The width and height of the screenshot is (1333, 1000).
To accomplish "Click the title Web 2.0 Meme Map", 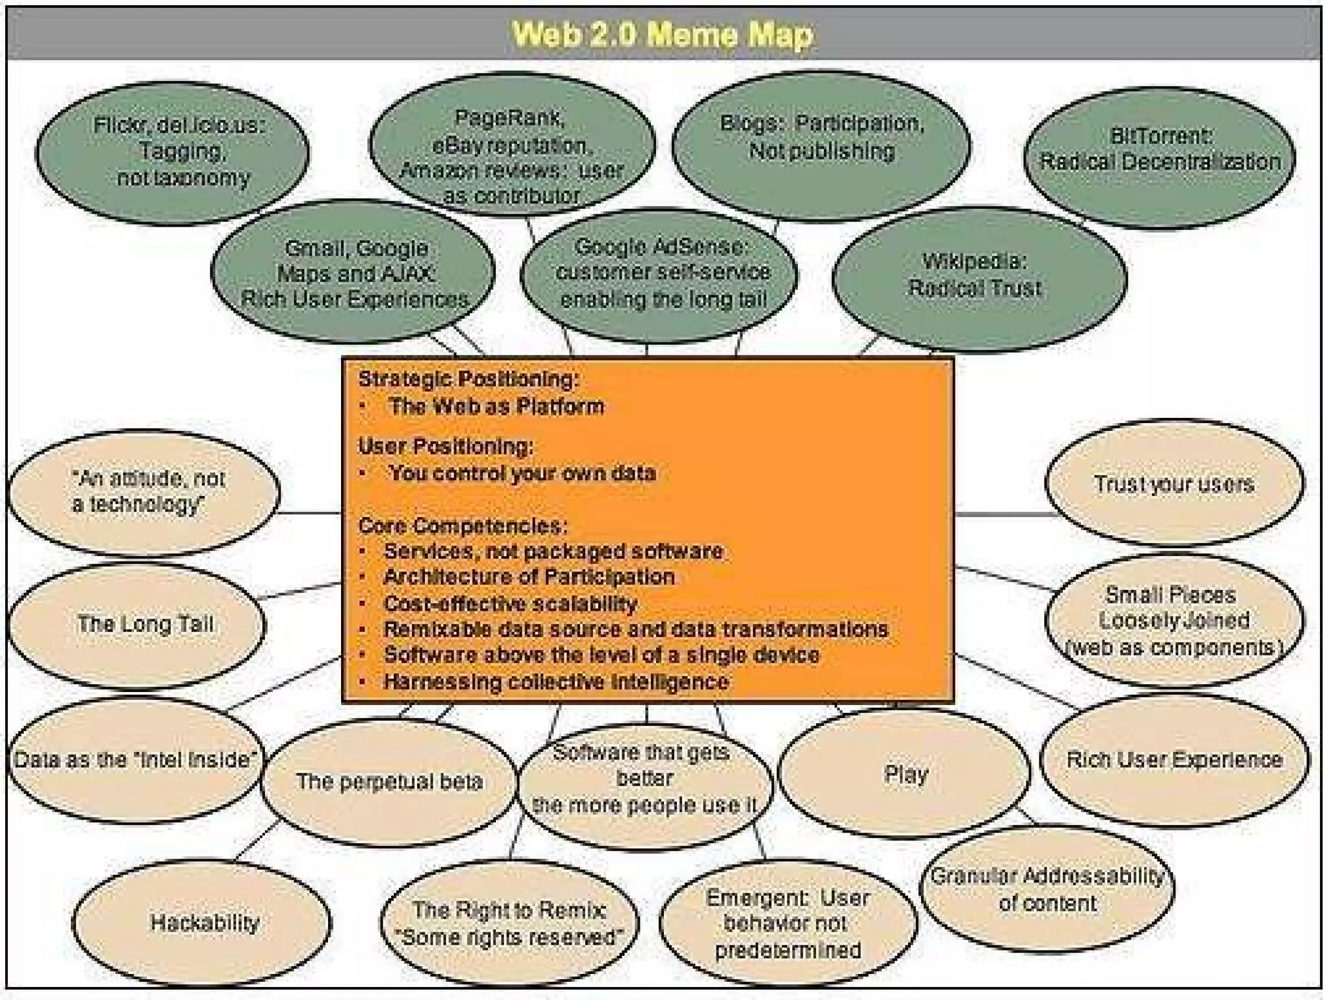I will pos(663,34).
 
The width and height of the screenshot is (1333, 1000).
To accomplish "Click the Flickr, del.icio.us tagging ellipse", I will pos(172,152).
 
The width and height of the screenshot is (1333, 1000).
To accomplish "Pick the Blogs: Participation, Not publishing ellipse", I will pos(821,140).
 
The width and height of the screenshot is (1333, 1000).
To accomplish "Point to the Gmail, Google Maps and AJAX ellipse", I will pos(353,273).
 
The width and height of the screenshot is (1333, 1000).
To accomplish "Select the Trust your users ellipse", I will pos(1174,484).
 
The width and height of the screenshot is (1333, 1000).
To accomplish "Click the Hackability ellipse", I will pos(203,922).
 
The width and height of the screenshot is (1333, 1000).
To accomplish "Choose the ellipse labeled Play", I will pos(905,774).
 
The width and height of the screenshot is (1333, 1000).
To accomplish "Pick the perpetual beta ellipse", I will pos(389,781).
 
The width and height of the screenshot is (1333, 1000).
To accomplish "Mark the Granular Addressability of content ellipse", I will pos(1047,889).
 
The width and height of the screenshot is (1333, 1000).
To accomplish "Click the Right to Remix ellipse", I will pos(510,923).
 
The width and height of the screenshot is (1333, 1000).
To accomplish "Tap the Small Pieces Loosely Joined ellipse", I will pos(1174,620).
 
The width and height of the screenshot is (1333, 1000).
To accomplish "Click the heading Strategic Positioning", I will pos(468,378).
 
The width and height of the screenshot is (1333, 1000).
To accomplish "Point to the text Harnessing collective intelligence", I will pos(556,682).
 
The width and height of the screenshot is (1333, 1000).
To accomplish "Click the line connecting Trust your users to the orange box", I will pos(999,514).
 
